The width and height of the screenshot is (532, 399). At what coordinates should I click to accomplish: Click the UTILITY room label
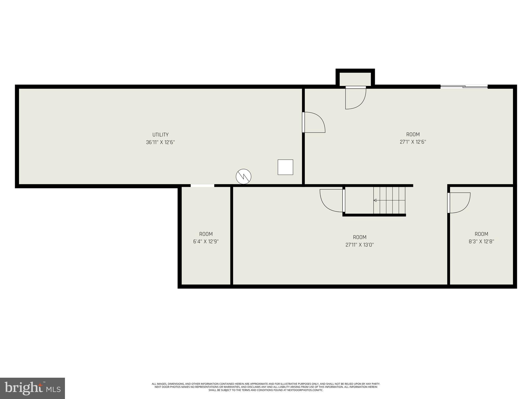160,135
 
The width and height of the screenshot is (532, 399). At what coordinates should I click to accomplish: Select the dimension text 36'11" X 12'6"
160,142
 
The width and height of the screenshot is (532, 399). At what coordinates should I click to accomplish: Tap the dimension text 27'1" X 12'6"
413,142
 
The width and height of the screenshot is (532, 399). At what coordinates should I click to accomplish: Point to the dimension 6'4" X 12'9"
206,241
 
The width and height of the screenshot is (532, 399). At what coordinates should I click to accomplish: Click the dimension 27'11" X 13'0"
360,245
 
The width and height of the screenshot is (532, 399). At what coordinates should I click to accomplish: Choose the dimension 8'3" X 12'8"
481,241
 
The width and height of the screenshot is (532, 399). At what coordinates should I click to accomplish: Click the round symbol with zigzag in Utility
243,177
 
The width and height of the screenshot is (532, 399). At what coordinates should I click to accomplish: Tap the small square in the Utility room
285,167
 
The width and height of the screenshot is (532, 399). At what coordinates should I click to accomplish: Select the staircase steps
389,200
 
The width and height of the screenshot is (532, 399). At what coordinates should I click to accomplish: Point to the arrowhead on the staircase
375,200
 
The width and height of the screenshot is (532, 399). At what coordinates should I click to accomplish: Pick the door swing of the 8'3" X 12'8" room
459,203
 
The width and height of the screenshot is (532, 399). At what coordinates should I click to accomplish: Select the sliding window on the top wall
464,87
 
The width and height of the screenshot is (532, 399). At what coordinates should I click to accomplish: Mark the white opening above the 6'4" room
202,185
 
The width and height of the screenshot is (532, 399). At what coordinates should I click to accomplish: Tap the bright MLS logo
32,388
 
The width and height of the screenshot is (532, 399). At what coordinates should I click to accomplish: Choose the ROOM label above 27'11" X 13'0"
360,237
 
